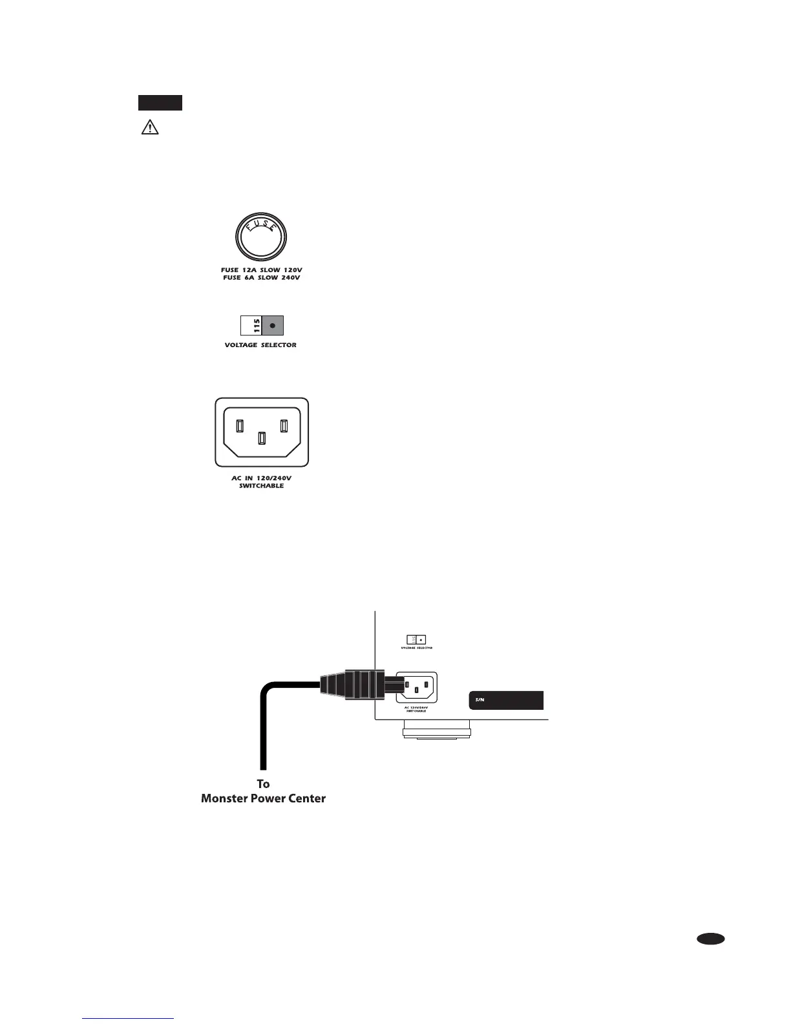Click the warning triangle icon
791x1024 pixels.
(150, 127)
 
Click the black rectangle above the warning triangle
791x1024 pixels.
(160, 103)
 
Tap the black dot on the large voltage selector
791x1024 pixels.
(273, 325)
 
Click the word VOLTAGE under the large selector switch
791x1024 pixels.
(241, 345)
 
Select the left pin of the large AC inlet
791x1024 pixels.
(240, 426)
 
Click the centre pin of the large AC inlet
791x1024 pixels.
(261, 438)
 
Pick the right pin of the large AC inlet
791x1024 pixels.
(283, 426)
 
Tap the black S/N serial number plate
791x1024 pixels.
(505, 700)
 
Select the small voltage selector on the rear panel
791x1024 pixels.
(416, 639)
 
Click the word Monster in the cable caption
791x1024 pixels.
(226, 798)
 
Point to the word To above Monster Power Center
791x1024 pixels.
(263, 784)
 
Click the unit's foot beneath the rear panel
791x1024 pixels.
(436, 732)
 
